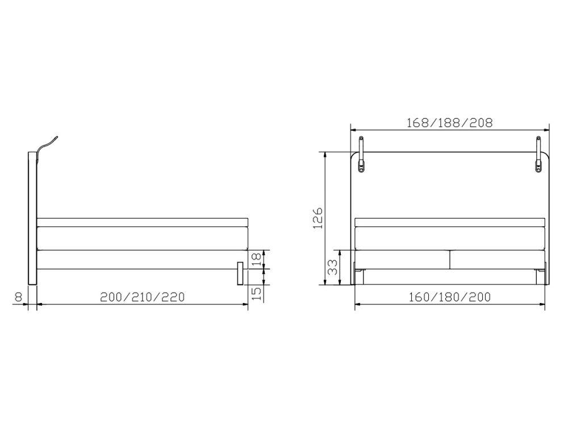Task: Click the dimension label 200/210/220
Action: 143,297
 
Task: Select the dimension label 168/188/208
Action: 449,123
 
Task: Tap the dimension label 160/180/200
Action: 449,297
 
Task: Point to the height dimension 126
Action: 318,218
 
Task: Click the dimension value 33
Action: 332,267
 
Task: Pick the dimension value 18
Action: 256,260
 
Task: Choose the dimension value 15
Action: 256,293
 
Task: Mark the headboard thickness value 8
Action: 18,297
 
